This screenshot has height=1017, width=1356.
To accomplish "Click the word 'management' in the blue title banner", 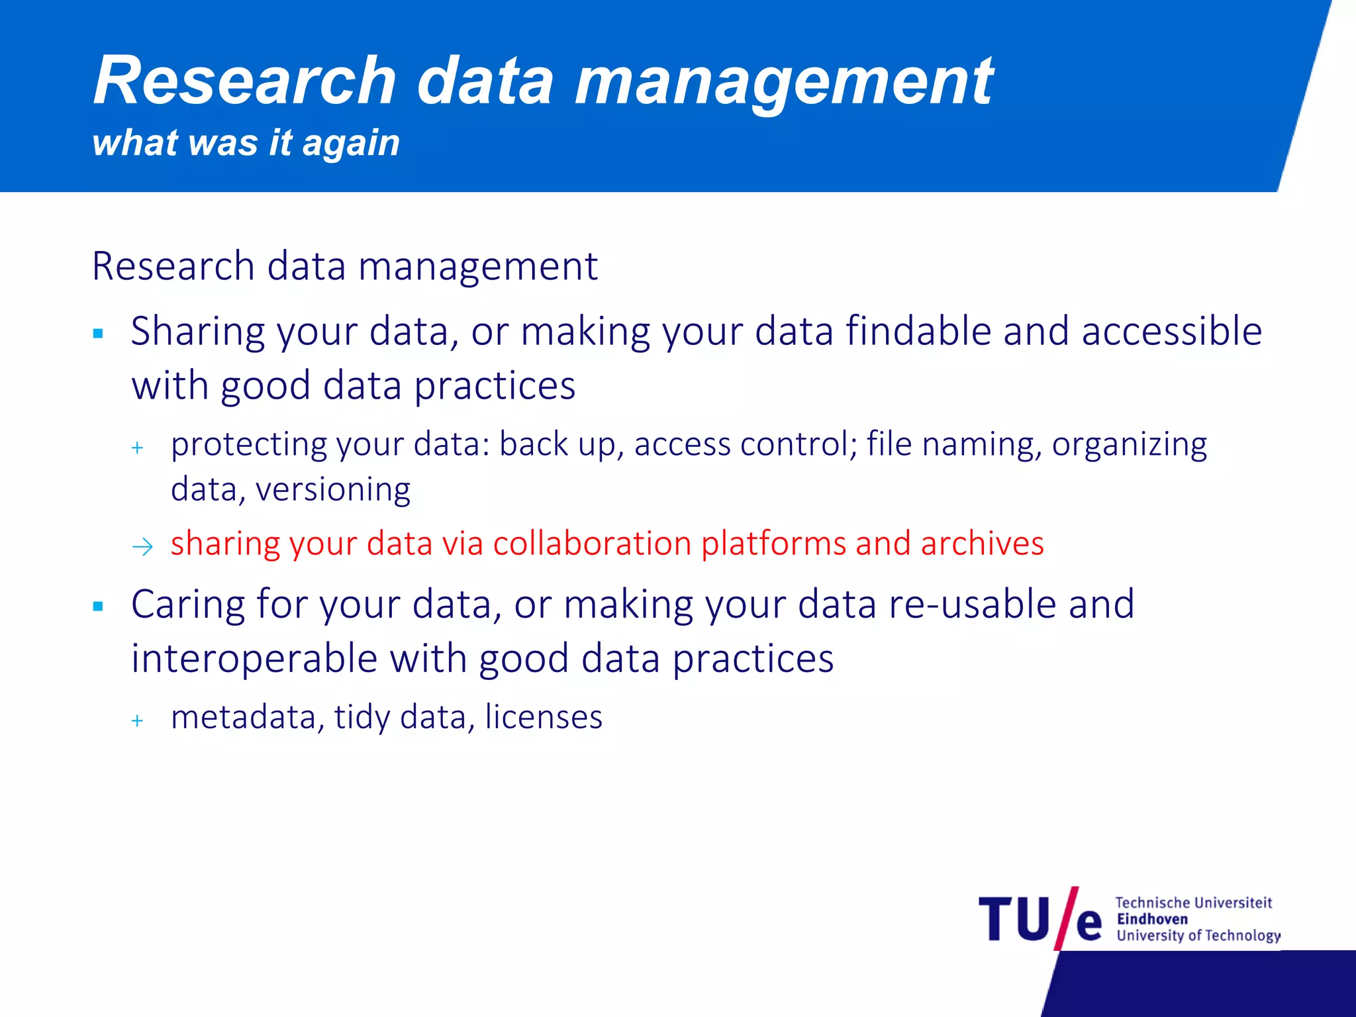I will tap(783, 82).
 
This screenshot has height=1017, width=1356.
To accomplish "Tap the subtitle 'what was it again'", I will tap(246, 143).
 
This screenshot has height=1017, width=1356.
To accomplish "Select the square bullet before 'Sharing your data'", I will tap(99, 334).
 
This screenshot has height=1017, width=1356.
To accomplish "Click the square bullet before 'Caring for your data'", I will tap(99, 606).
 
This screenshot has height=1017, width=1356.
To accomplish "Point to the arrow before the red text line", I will tap(142, 547).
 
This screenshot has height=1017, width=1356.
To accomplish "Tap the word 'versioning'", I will tap(333, 491).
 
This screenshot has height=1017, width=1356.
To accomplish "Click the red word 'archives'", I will tap(982, 544).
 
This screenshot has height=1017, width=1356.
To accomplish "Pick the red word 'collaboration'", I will tap(592, 544).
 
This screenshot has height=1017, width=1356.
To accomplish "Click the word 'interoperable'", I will tap(254, 659).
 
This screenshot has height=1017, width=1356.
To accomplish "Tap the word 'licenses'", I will tap(544, 717).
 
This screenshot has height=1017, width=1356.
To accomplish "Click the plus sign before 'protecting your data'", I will tap(137, 448).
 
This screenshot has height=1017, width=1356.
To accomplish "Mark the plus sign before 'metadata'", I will tap(137, 720).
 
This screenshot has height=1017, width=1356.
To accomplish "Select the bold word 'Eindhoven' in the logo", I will tap(1152, 919).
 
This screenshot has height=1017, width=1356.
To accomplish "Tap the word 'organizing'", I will tap(1129, 445).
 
